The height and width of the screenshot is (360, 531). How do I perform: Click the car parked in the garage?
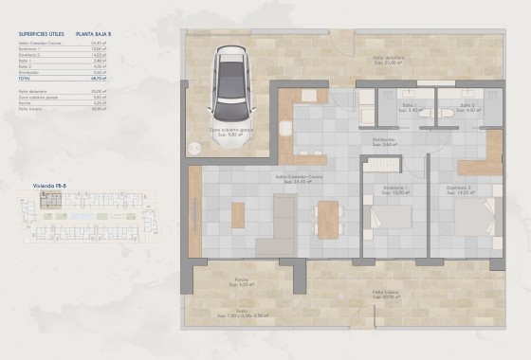[232, 83]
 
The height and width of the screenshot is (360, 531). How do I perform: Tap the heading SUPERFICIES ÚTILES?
[41, 35]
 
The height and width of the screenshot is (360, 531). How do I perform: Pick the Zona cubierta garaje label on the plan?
[231, 132]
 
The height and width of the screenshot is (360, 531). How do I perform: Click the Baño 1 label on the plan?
[410, 106]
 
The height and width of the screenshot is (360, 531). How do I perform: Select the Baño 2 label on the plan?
[467, 106]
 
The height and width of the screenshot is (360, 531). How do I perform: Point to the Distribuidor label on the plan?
[384, 142]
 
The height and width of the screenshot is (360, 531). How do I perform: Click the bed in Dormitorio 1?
[389, 218]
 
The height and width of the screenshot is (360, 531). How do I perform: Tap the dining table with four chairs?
[328, 220]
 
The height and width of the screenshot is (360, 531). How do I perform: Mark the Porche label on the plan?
[243, 279]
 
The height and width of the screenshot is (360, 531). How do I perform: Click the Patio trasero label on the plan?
[385, 293]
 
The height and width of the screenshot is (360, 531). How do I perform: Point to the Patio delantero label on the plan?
[389, 59]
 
